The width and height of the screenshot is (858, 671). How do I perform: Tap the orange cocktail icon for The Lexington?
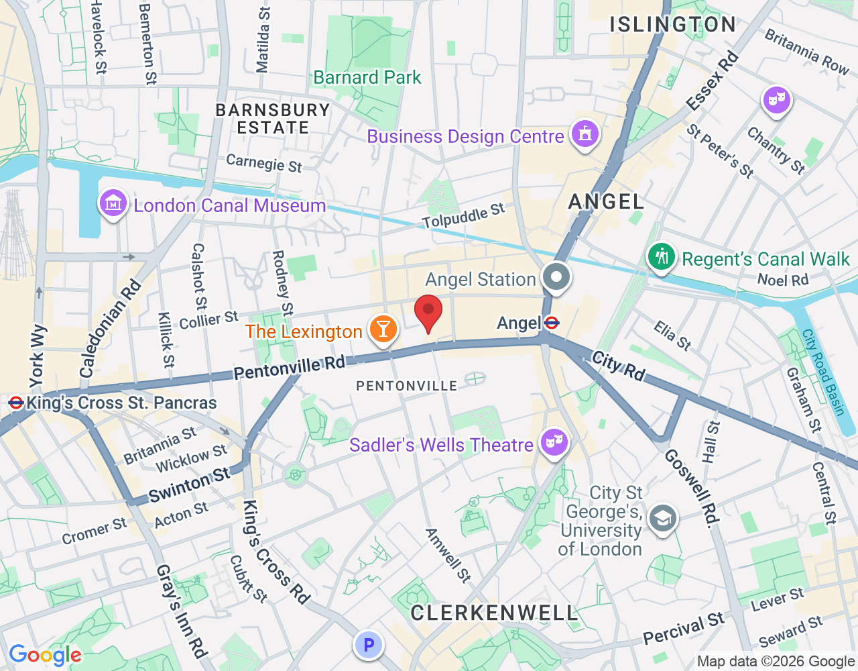tap(383, 329)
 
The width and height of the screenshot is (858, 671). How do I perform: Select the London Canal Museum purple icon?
tap(113, 203)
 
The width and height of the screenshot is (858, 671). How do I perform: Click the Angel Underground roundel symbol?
tap(552, 323)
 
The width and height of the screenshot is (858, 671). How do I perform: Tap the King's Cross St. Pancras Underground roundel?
tap(16, 403)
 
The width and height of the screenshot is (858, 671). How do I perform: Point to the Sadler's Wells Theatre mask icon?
tap(554, 442)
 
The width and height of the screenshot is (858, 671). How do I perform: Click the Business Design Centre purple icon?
tap(585, 134)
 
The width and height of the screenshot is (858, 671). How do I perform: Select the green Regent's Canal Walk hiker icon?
tap(661, 257)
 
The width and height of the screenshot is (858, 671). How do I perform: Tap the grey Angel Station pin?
tap(556, 277)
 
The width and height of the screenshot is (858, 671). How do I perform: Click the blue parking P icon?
tap(368, 646)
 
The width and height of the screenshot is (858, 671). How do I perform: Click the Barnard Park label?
tap(367, 78)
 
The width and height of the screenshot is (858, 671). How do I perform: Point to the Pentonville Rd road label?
tap(289, 367)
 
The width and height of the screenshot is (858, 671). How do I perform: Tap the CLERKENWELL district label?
tap(494, 613)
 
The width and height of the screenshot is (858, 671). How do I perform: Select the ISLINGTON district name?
tap(672, 25)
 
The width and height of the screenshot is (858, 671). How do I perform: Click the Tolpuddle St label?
tap(463, 215)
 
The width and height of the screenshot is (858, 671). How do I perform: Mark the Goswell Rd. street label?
tap(692, 486)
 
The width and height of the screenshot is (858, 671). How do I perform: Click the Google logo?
tap(45, 655)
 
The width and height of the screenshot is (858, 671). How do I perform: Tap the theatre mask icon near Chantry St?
tap(776, 100)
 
